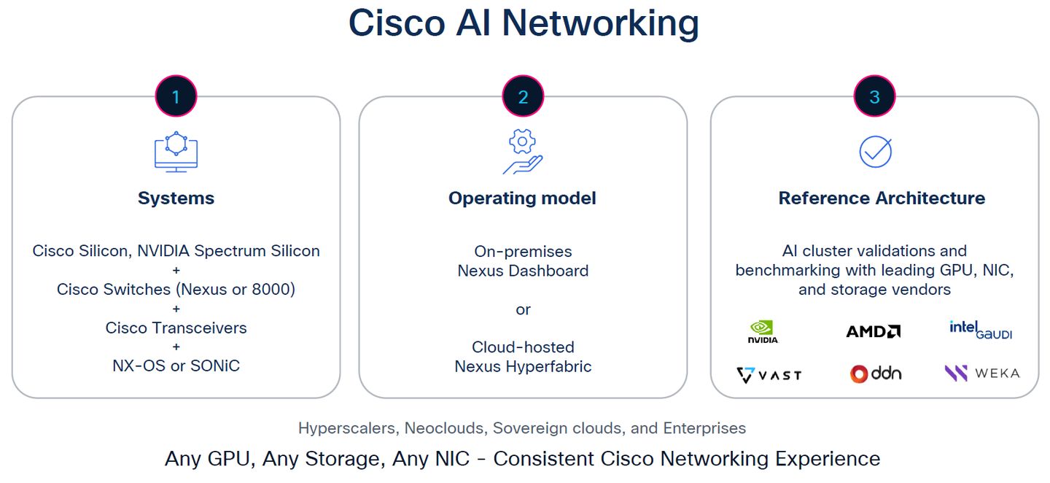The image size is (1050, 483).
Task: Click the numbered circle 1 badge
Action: (x=176, y=96)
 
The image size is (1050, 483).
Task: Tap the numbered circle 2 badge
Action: (x=523, y=96)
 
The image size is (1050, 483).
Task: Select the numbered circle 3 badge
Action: (x=874, y=96)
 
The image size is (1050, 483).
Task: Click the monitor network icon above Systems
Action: (x=176, y=152)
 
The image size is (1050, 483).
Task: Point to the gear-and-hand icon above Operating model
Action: (x=523, y=152)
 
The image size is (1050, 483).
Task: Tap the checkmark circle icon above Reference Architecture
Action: (x=875, y=151)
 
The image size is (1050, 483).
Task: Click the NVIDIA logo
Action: (x=763, y=332)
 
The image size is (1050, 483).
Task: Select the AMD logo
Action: (x=873, y=331)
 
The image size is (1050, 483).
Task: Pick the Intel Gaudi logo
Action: (x=981, y=330)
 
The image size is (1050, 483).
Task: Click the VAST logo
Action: (x=769, y=375)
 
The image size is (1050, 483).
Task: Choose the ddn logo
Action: (x=875, y=374)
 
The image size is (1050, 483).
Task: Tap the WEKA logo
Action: (x=981, y=374)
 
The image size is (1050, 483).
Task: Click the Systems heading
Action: (x=176, y=198)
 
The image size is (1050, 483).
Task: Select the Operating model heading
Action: (x=522, y=198)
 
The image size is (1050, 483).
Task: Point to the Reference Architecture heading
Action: (x=882, y=198)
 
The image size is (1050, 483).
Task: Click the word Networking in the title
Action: (x=600, y=23)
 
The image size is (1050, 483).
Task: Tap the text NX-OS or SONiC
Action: (x=176, y=366)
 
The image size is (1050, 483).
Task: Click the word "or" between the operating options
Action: (x=523, y=309)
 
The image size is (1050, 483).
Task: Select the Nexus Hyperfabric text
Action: (x=523, y=366)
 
